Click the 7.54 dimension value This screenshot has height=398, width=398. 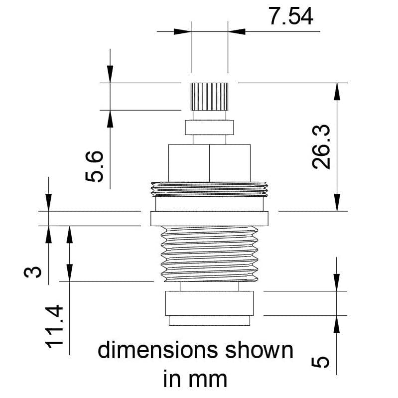pos(291,16)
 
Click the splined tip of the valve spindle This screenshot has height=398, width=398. pos(209,97)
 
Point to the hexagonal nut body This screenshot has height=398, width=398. pos(209,162)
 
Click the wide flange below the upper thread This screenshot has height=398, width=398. pos(209,218)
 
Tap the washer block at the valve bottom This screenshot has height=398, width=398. pos(209,304)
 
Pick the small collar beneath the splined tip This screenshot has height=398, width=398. pos(209,127)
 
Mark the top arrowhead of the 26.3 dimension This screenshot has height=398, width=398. pos(338,91)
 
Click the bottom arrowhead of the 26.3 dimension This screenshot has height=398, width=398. pos(338,203)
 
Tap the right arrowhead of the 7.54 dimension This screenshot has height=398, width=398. pos(236,31)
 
